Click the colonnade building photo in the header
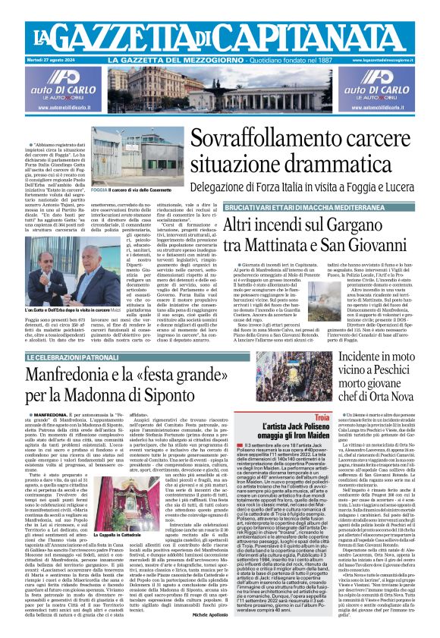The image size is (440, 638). [x=219, y=88]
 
